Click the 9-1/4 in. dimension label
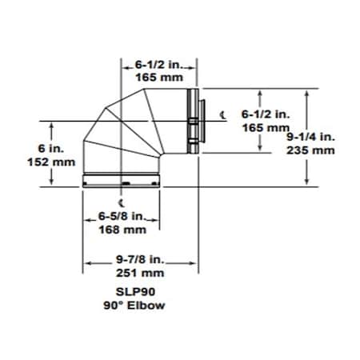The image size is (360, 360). click(x=311, y=136)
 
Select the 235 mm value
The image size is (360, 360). click(x=311, y=149)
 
